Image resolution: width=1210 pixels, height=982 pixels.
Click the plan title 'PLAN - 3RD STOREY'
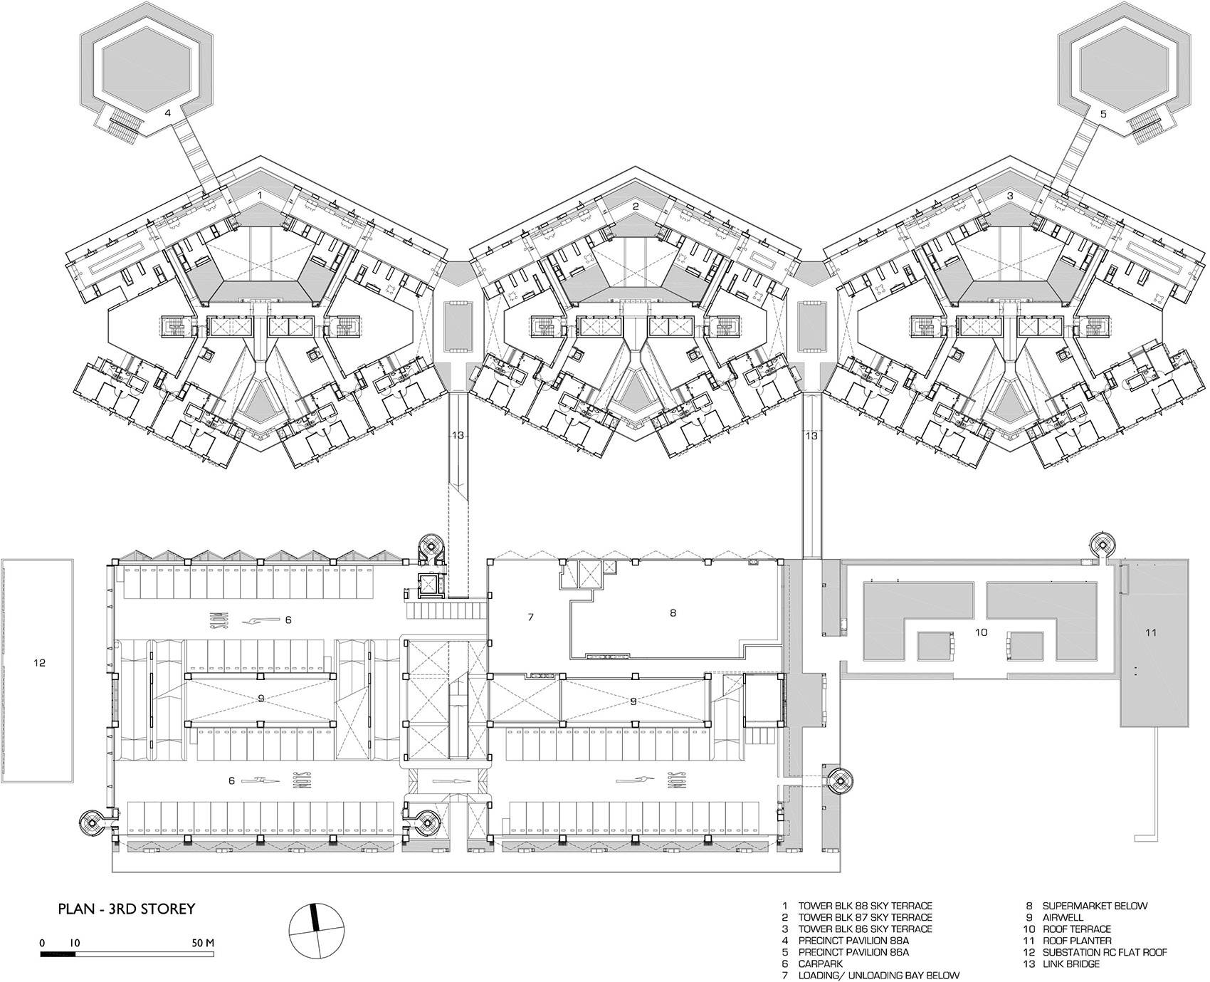coord(127,909)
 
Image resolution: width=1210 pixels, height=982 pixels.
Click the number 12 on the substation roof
coord(39,663)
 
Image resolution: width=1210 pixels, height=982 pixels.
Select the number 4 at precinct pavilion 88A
coord(168,113)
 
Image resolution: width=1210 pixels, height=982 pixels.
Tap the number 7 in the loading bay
coord(530,617)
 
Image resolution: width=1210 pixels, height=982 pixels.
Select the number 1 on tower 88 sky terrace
coord(260,194)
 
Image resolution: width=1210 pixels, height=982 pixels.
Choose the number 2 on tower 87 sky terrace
coord(636,206)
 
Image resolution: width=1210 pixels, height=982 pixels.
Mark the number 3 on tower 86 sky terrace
coord(1009,195)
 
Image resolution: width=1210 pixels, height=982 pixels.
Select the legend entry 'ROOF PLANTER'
coord(1077,941)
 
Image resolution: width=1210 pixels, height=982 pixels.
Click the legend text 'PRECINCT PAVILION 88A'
coord(853,941)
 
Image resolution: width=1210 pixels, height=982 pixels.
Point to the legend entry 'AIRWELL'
coord(1063,918)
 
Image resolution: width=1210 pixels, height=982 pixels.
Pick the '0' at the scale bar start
coord(43,941)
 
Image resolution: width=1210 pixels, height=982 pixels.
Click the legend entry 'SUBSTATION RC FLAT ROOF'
coord(1105,953)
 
